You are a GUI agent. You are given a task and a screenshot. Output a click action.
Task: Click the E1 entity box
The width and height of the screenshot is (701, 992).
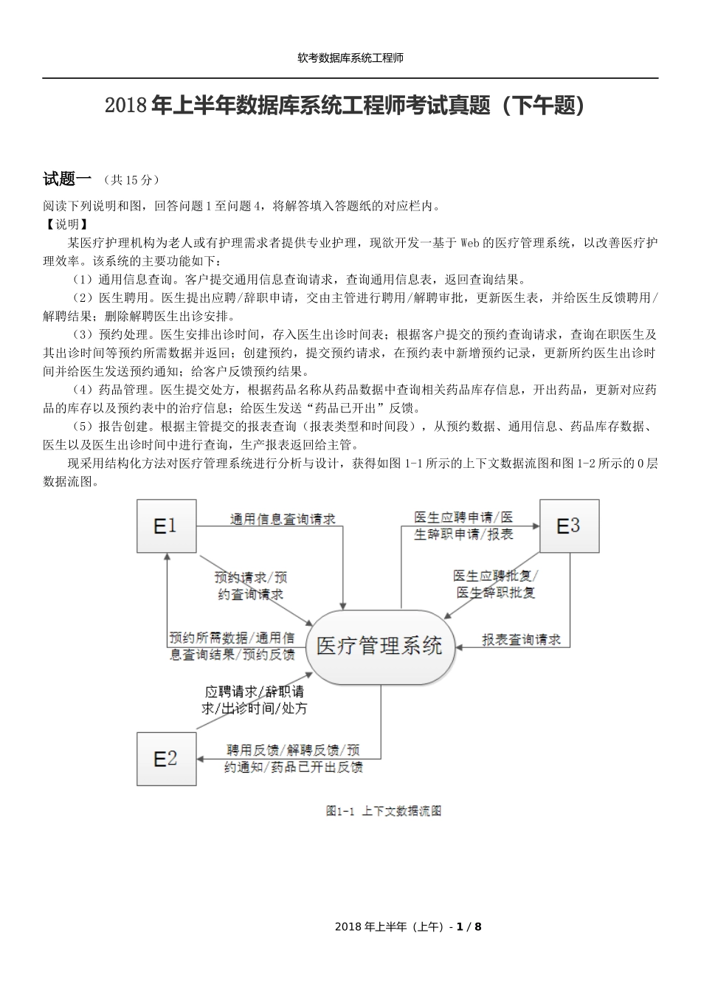coord(166,526)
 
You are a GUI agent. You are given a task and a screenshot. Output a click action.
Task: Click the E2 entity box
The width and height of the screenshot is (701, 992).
coord(166,758)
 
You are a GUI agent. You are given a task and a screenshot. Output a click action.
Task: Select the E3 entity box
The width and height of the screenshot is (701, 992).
coord(569,526)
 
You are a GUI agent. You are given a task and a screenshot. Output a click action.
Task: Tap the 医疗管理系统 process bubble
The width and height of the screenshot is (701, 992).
coord(380,647)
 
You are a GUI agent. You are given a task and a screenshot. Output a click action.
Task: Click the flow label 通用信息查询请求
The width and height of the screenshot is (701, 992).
coord(283,520)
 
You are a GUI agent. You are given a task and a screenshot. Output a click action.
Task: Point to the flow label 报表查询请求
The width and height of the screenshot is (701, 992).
coord(522,640)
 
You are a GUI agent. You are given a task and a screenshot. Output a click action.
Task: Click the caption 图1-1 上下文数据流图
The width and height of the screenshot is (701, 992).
coord(384,811)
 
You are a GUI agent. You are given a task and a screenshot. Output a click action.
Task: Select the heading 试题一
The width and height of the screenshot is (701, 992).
coord(67,179)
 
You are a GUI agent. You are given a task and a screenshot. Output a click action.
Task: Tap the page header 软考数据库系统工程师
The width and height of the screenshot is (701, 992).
coord(350,58)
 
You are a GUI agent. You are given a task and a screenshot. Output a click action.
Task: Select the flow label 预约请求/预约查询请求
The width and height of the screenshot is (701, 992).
coord(251,585)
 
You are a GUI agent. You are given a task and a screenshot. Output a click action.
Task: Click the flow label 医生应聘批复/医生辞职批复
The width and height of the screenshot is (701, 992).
coord(496,584)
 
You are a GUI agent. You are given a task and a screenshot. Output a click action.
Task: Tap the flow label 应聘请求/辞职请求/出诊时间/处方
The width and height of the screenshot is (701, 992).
coord(255,700)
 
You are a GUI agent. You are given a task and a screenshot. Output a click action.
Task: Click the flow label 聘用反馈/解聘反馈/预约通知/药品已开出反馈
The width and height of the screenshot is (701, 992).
coord(294,759)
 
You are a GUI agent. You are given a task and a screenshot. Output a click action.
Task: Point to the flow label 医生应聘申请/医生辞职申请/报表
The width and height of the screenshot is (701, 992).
coord(463,526)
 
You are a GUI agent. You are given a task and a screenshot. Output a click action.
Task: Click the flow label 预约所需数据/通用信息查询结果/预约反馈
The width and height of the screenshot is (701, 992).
coord(232,646)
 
